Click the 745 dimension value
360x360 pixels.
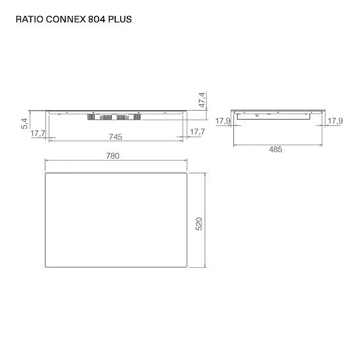[x=116, y=137]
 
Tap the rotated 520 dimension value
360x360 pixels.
[x=198, y=224]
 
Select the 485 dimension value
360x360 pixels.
[x=276, y=149]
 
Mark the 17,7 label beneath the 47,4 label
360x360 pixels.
[x=197, y=132]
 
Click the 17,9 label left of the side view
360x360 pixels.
[x=223, y=121]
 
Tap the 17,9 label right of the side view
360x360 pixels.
[x=334, y=121]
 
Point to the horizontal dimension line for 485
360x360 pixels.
[x=276, y=144]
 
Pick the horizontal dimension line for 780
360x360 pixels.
[x=116, y=160]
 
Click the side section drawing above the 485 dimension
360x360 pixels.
[x=276, y=114]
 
